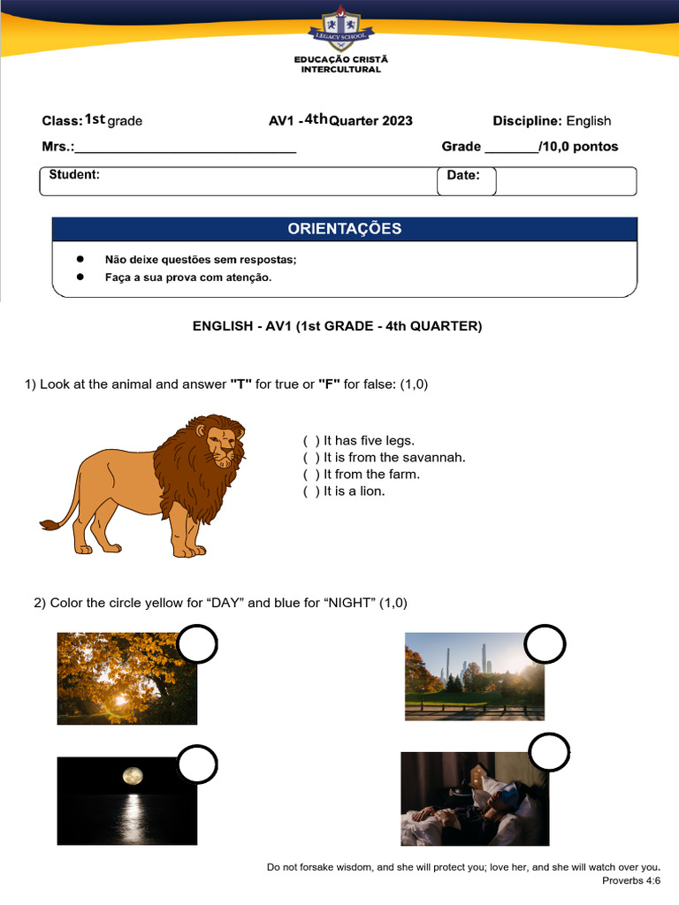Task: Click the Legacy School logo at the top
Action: [340, 26]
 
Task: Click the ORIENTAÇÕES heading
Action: [344, 229]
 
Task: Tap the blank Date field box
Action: [566, 181]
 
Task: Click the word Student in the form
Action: [73, 175]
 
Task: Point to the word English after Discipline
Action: [588, 121]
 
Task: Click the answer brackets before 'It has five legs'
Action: [310, 441]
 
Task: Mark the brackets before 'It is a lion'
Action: [310, 491]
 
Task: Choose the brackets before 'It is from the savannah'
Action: [310, 458]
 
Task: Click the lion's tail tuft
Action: [49, 525]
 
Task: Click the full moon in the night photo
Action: [132, 777]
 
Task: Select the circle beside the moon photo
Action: [196, 765]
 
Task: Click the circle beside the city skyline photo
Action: [545, 646]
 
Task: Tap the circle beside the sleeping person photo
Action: [549, 753]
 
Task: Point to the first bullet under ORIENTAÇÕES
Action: [80, 260]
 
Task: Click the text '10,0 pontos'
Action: [578, 147]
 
